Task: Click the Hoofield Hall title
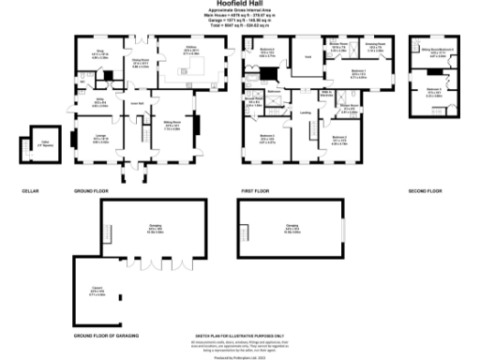(239, 5)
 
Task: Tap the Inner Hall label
(135, 104)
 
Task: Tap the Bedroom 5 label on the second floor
(435, 93)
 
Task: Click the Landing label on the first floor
(305, 112)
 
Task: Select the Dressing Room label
(374, 44)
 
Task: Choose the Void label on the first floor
(307, 57)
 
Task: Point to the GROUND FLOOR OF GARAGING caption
(102, 336)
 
